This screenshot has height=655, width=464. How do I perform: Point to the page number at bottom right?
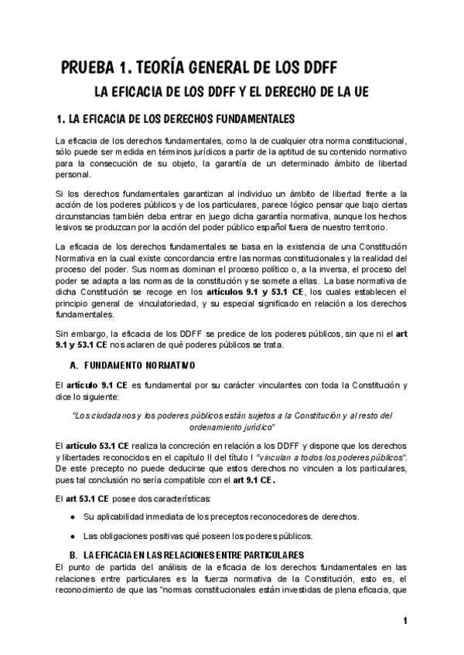[404, 621]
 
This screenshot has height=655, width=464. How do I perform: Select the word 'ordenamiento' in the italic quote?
[216, 426]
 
